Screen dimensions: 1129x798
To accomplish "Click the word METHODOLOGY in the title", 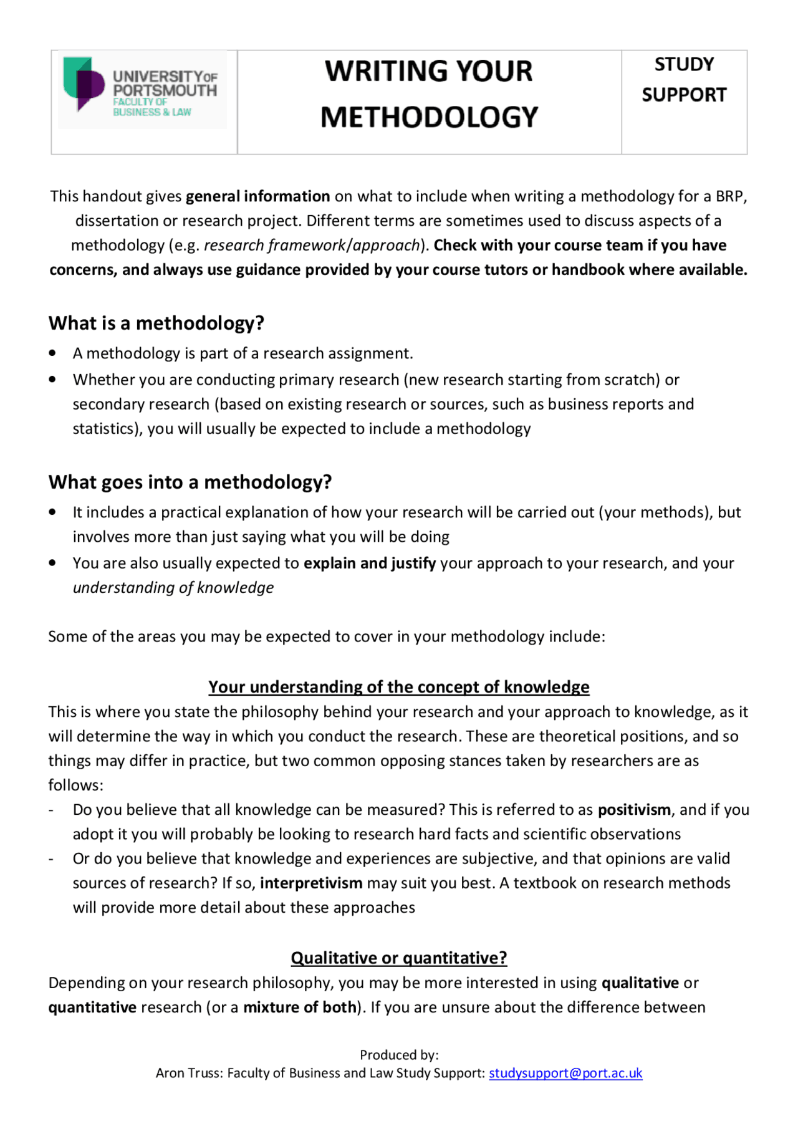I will pos(429,117).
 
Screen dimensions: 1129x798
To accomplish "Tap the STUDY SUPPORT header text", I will pos(684,80).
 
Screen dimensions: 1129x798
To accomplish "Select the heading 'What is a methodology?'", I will pos(156,323).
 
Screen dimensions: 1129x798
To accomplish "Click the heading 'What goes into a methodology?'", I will pos(190,482).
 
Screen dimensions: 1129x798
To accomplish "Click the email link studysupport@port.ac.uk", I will pos(565,1073).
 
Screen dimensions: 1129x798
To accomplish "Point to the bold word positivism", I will pos(634,810).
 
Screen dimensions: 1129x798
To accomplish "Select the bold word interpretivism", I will pos(311,883).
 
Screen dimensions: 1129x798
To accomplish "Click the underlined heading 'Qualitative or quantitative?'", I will pos(399,958).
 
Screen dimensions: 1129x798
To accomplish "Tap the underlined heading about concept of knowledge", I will pos(399,687).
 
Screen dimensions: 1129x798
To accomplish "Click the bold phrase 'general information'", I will pos(257,196).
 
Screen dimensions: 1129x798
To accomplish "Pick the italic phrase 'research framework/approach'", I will pos(312,246).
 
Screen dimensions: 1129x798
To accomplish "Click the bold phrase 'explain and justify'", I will pos(370,564).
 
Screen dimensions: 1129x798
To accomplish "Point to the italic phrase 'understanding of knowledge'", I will pos(173,588).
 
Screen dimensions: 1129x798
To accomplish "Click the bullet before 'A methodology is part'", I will pos(53,353).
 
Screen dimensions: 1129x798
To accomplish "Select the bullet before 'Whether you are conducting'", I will pos(53,380).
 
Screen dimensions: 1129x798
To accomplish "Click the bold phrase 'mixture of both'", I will pos(299,1007).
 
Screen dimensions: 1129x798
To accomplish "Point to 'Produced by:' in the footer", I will pos(399,1055).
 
